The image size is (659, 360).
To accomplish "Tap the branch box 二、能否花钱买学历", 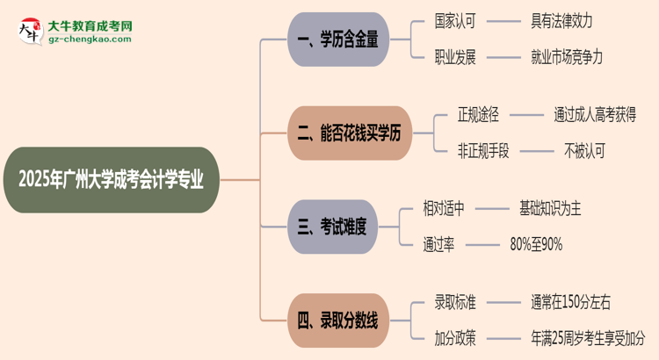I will point(349,133).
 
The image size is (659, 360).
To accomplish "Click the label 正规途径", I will point(478,113).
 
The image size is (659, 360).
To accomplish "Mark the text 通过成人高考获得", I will point(595,113).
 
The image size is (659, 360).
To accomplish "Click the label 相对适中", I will point(444,208).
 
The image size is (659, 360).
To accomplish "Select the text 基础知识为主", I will point(550,208).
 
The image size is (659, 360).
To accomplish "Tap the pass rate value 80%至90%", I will point(536,244).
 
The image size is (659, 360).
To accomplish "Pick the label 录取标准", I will point(455,302).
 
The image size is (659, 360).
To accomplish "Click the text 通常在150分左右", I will point(570,302).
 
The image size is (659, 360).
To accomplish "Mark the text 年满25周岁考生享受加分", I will point(587,338).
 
